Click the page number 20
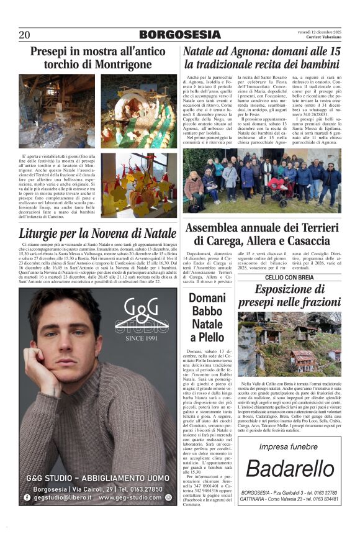[x=25, y=35]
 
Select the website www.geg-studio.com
[x=130, y=497]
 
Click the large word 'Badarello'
[x=289, y=469]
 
